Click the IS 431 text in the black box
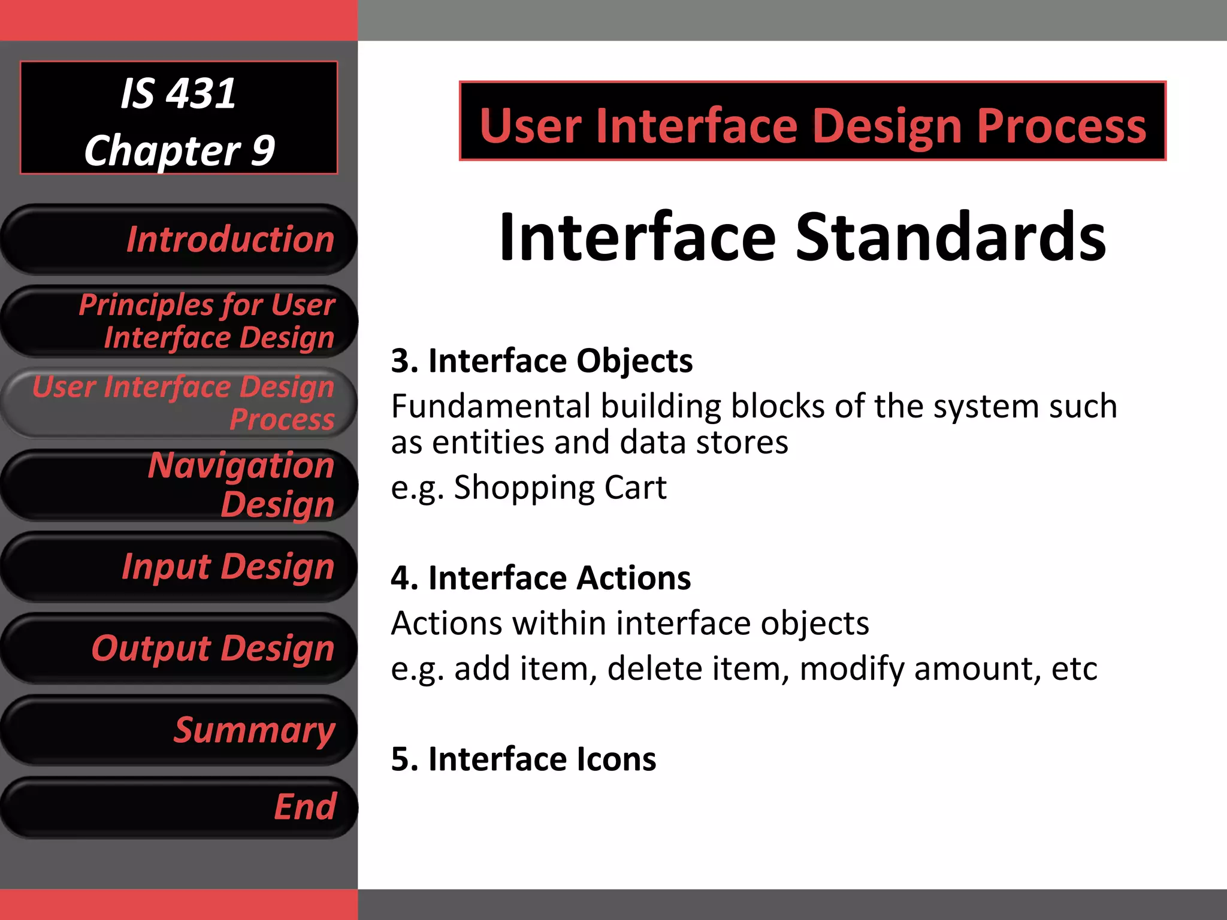[x=179, y=94]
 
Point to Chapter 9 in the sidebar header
[x=179, y=150]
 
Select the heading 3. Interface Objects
[x=542, y=361]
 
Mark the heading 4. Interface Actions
[x=540, y=578]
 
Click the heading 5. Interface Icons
[x=523, y=759]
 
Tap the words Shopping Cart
[x=560, y=488]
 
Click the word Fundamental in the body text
[x=491, y=407]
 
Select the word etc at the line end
[x=1074, y=668]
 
